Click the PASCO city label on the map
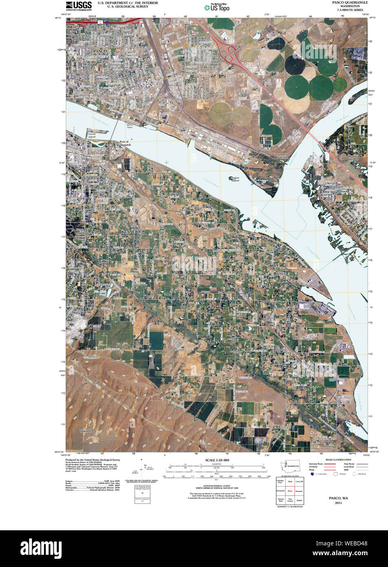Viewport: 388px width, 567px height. click(x=100, y=51)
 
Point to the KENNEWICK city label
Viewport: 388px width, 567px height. click(x=133, y=231)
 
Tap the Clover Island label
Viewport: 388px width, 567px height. click(x=92, y=135)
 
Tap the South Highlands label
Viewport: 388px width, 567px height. click(x=81, y=232)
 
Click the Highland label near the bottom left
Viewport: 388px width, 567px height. click(x=85, y=431)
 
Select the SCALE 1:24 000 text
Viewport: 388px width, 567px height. click(x=217, y=460)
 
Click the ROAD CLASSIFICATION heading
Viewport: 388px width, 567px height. click(x=338, y=460)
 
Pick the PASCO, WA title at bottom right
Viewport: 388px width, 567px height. click(x=338, y=498)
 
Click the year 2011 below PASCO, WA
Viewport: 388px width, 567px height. click(x=338, y=503)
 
